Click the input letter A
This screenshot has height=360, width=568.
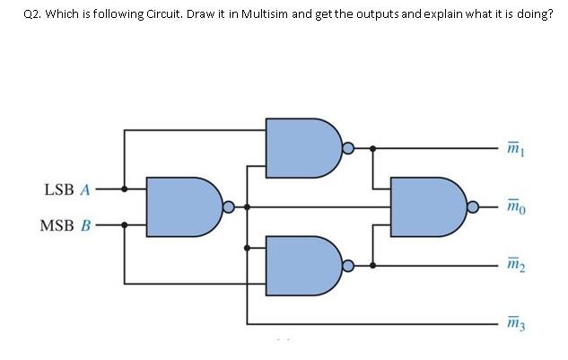pos(85,190)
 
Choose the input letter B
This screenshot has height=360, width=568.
pos(85,224)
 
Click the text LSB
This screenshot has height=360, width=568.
pos(58,190)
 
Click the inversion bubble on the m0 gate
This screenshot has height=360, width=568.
pos(475,206)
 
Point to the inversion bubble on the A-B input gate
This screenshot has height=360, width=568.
pos(230,206)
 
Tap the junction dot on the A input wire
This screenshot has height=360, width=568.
pos(125,189)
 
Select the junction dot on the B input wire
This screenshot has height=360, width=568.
pos(125,224)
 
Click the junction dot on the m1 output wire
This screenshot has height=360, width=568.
pos(373,147)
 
